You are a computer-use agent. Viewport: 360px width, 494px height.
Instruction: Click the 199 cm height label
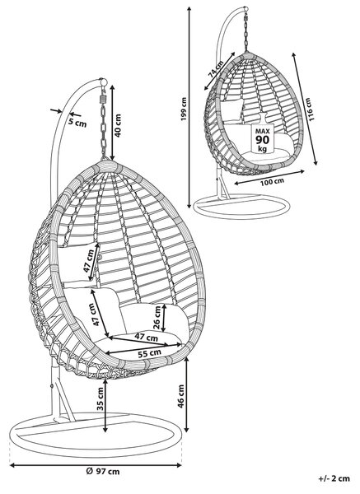(x=184, y=109)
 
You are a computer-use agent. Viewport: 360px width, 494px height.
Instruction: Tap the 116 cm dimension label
(x=310, y=110)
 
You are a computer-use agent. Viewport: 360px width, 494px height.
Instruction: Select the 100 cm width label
(x=272, y=181)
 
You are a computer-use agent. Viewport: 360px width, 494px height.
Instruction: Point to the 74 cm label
(x=216, y=69)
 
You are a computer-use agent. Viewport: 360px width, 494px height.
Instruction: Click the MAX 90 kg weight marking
(x=262, y=140)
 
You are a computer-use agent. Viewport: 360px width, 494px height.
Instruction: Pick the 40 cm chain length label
(x=117, y=125)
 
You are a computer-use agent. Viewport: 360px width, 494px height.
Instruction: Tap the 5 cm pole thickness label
(x=77, y=122)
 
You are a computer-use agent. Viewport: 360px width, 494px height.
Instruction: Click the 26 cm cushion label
(x=157, y=317)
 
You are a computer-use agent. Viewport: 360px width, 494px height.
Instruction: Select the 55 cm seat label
(x=149, y=353)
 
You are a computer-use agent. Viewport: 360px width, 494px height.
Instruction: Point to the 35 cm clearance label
(x=101, y=398)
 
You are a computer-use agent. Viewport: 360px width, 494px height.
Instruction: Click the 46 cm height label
(x=181, y=396)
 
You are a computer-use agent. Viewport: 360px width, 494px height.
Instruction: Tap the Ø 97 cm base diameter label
(x=103, y=472)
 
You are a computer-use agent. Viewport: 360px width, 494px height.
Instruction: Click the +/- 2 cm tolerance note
(x=334, y=478)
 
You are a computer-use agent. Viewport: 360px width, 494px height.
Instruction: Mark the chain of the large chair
(x=104, y=124)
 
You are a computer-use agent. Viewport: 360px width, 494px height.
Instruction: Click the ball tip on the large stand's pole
(x=103, y=82)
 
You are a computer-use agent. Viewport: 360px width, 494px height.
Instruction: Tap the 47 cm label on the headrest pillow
(x=89, y=261)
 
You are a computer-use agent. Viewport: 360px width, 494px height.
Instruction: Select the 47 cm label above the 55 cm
(x=147, y=337)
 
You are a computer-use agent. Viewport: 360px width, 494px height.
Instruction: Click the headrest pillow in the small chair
(x=231, y=110)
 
